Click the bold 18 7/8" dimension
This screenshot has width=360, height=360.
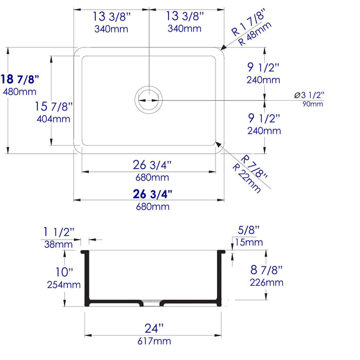[x=21, y=79]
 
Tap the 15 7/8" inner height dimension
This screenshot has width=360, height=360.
[x=53, y=106]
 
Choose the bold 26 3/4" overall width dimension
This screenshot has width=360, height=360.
[x=152, y=194]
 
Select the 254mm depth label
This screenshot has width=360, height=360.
[x=64, y=284]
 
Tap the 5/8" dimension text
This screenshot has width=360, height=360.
[x=249, y=231]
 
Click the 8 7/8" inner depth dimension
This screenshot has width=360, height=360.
[x=265, y=270]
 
